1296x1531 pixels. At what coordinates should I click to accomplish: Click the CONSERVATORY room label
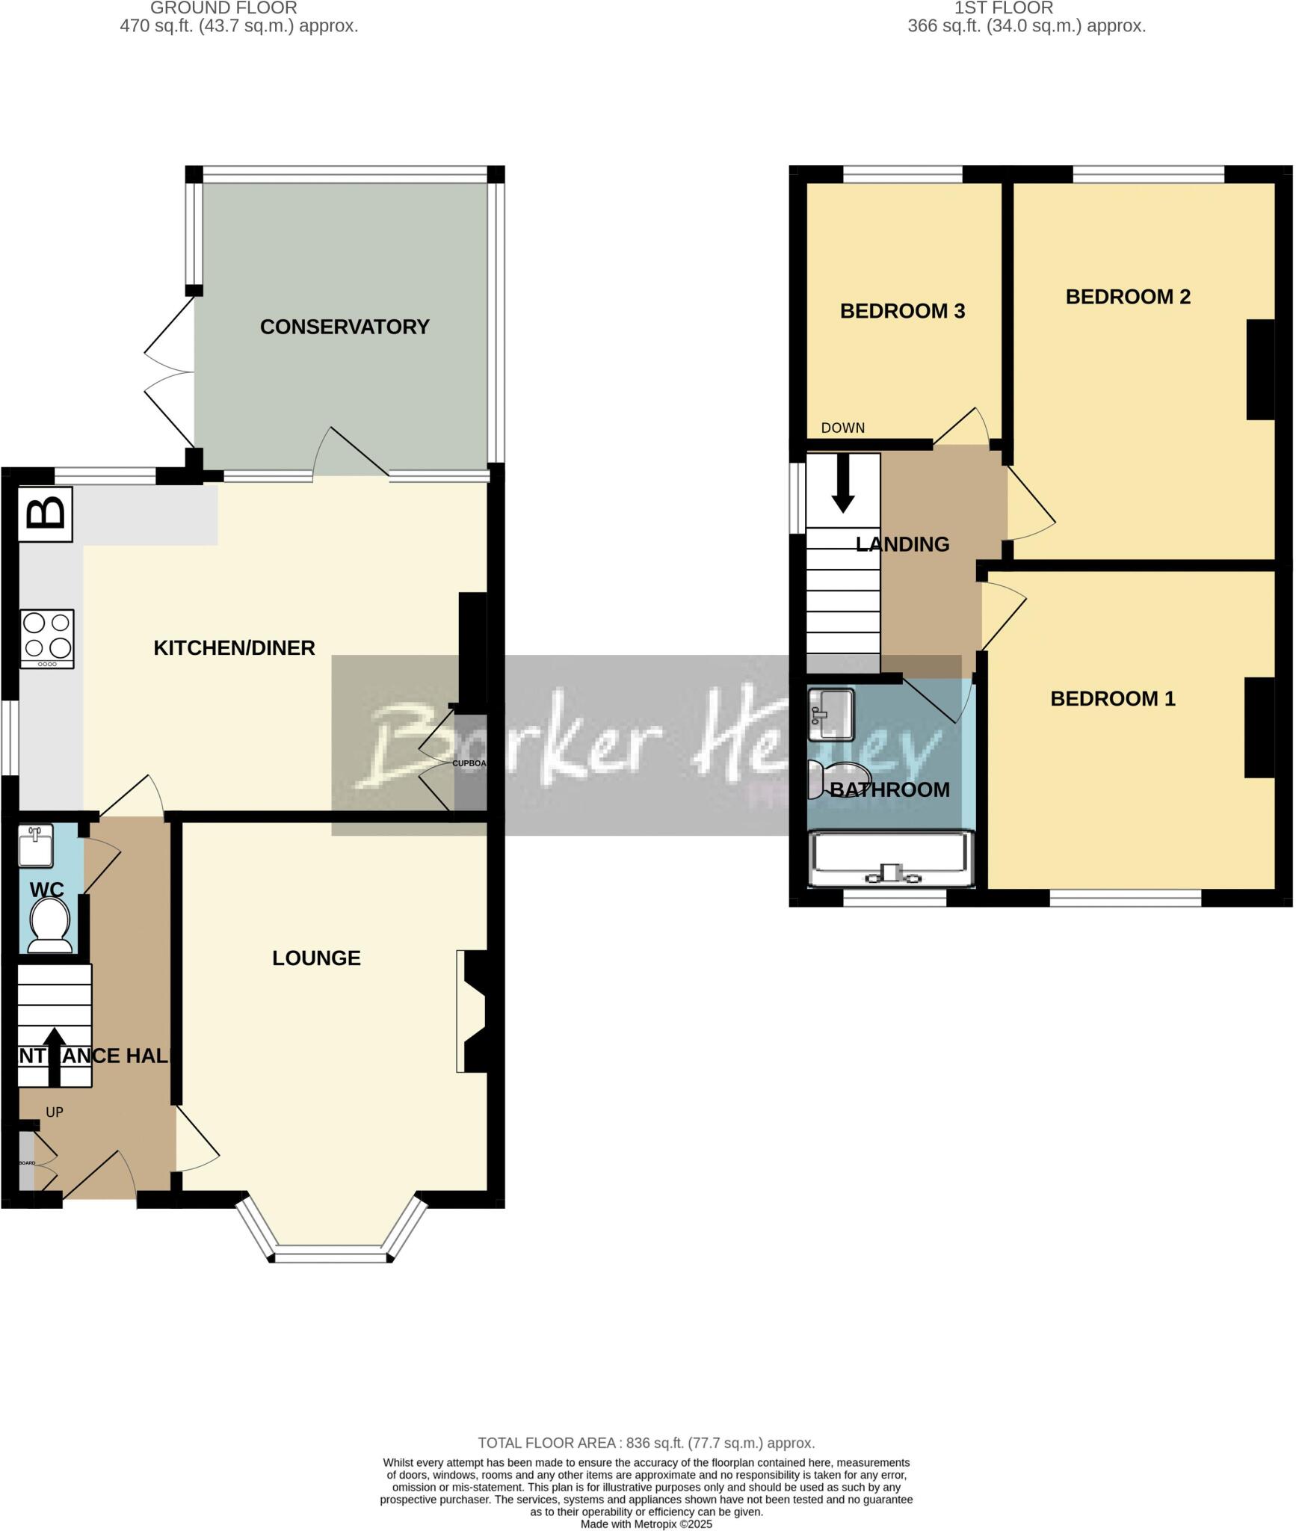[345, 327]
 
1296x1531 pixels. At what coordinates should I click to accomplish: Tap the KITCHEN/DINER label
[234, 647]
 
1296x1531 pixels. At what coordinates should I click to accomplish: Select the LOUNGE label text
[316, 958]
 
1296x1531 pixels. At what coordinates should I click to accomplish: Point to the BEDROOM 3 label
[902, 311]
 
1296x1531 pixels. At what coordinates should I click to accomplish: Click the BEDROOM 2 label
[1127, 297]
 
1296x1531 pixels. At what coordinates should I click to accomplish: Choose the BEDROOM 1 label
[1112, 698]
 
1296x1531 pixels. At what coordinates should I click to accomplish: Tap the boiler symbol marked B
[46, 514]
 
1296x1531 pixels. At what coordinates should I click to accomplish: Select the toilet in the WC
[49, 925]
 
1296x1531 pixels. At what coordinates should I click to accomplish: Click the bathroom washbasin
[830, 712]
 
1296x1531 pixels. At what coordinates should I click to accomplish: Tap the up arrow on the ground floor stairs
[54, 1056]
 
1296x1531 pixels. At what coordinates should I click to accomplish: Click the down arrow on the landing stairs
[843, 482]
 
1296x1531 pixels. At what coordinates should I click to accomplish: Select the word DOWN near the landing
[842, 428]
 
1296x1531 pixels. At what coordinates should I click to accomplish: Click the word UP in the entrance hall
[55, 1112]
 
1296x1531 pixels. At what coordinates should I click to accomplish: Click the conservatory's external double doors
[170, 372]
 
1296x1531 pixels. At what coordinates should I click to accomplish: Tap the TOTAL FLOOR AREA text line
[646, 1443]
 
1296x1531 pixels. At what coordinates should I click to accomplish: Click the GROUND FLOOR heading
[223, 8]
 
